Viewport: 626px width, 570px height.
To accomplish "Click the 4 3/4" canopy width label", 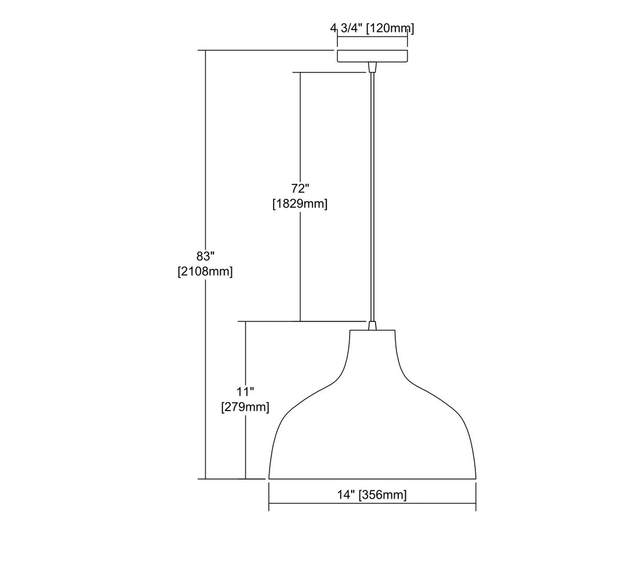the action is click(x=346, y=28).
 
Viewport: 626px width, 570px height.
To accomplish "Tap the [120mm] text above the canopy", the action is click(x=390, y=28).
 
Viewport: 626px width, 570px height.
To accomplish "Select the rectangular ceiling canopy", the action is click(x=373, y=56).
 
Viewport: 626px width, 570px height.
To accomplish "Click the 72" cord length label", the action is click(x=300, y=188).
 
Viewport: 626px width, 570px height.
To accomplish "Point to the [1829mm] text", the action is click(x=300, y=204).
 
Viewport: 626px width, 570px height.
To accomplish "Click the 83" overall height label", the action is click(x=206, y=256).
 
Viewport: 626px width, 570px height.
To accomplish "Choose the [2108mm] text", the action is click(x=205, y=271).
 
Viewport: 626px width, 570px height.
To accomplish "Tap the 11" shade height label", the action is click(x=246, y=391).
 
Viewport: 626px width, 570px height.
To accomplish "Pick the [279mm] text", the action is click(x=245, y=407).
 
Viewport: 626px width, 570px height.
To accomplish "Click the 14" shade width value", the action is click(x=346, y=495).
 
